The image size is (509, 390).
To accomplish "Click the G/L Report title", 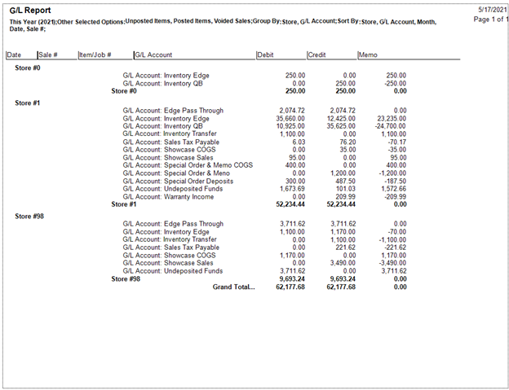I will [x=32, y=11].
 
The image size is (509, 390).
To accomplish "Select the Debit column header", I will [x=266, y=55].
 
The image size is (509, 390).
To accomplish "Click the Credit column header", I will [x=317, y=55].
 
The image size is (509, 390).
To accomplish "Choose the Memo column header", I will [x=368, y=55].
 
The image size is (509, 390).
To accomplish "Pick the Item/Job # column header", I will [x=95, y=55].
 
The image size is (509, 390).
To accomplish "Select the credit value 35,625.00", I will [x=340, y=126].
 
